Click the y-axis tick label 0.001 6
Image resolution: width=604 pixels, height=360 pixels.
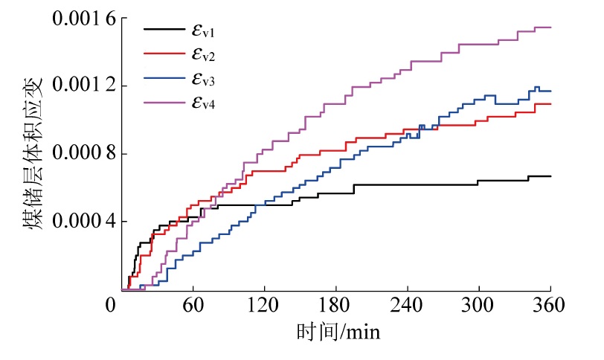[80, 18]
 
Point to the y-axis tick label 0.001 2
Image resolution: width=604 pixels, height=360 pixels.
[80, 86]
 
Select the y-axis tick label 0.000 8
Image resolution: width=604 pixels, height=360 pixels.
[80, 154]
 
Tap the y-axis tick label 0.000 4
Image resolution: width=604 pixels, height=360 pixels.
[80, 222]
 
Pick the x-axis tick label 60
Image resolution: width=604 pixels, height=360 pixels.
[193, 305]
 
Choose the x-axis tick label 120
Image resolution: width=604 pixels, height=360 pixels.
[264, 305]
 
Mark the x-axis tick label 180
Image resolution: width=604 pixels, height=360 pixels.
[336, 305]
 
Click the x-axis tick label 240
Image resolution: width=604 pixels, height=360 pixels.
[408, 305]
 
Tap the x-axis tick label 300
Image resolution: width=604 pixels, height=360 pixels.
[479, 305]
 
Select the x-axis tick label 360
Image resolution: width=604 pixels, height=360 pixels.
[550, 305]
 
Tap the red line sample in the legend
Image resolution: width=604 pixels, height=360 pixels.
[163, 54]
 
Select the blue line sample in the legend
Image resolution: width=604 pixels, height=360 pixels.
[163, 79]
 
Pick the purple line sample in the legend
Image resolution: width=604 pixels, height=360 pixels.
[163, 103]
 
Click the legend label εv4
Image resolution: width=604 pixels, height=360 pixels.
[203, 103]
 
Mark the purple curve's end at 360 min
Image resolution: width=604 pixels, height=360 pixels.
[550, 28]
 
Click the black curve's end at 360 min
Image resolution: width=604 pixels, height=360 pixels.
[550, 176]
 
